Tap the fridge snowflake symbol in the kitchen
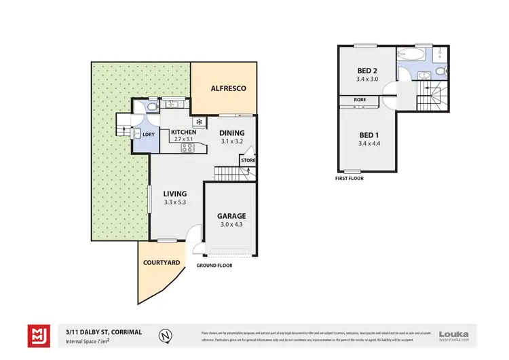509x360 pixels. pos(200,122)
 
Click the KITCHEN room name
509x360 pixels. pos(183,132)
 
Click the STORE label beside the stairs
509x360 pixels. pos(248,160)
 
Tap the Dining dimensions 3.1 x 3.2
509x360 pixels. pos(231,142)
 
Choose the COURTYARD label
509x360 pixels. pos(161,263)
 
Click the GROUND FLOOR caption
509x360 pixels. pos(214,266)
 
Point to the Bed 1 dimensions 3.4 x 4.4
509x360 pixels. pos(369,143)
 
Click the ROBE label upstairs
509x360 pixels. pos(360,99)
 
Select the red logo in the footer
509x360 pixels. pos(37,335)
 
